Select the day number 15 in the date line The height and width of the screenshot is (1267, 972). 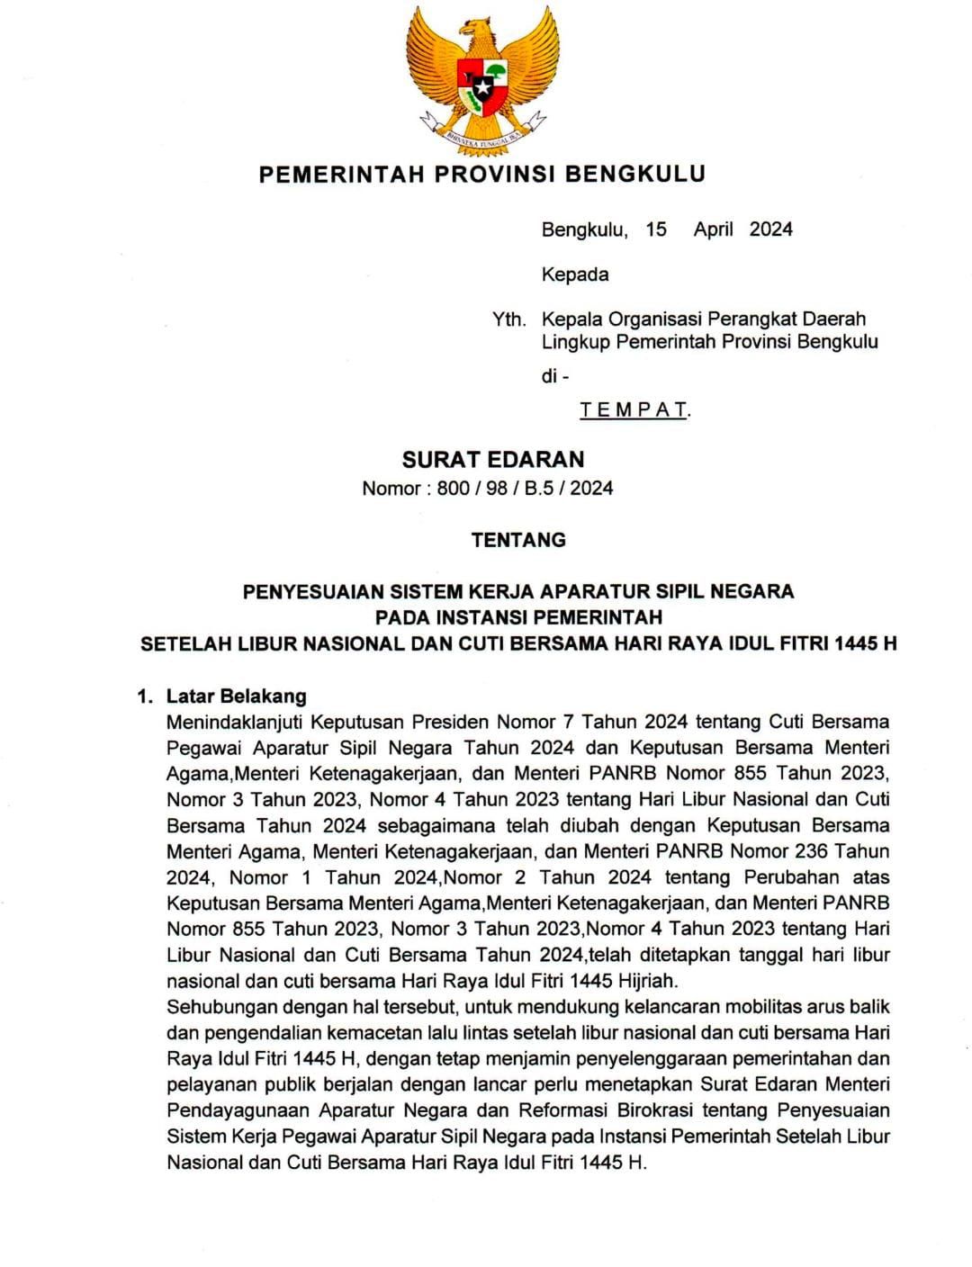pyautogui.click(x=656, y=229)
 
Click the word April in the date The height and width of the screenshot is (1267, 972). pyautogui.click(x=714, y=229)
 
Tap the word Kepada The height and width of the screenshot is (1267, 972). pyautogui.click(x=574, y=274)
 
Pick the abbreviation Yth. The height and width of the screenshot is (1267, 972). pyautogui.click(x=508, y=319)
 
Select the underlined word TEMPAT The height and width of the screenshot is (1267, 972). pyautogui.click(x=634, y=410)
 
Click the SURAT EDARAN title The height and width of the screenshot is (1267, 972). pyautogui.click(x=492, y=459)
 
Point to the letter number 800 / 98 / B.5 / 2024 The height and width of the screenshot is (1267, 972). pyautogui.click(x=525, y=489)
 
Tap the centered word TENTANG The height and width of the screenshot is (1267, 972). pyautogui.click(x=518, y=540)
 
